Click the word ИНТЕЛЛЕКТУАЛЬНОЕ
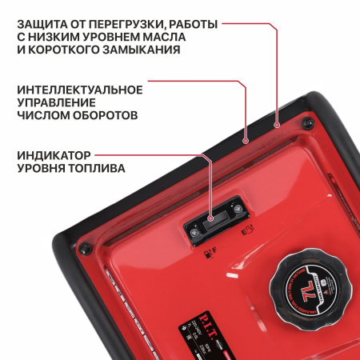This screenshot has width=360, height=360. click(x=80, y=89)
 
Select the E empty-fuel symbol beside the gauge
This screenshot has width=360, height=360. click(x=248, y=234)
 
